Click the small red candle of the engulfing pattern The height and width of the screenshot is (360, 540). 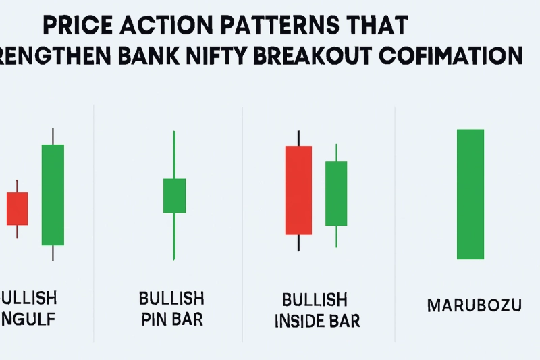(x=17, y=209)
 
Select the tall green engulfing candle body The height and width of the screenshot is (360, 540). (x=53, y=195)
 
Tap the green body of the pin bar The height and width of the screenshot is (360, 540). (x=174, y=196)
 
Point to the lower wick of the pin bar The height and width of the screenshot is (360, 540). (x=174, y=236)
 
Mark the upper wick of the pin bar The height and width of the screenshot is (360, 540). (x=174, y=154)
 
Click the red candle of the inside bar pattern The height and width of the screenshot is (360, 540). (x=298, y=190)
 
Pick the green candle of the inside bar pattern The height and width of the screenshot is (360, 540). (x=336, y=193)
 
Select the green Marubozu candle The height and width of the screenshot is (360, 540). (x=470, y=195)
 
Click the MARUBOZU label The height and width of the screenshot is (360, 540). (x=475, y=306)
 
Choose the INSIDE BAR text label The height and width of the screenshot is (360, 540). (x=317, y=319)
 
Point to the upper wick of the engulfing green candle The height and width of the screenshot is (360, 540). (x=53, y=135)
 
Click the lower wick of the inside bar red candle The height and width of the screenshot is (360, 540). (x=298, y=243)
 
